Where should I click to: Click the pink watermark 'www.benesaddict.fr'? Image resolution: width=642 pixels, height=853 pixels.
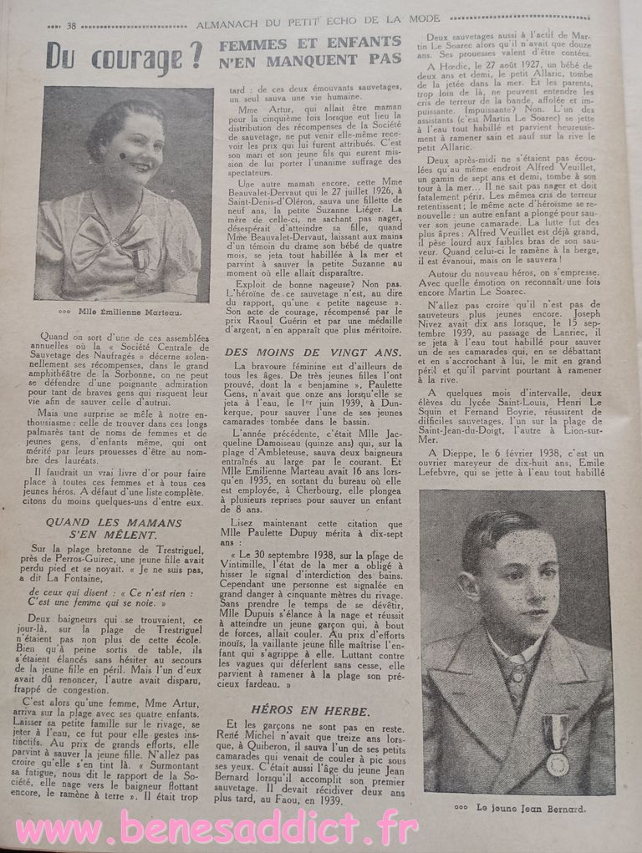pyautogui.click(x=217, y=830)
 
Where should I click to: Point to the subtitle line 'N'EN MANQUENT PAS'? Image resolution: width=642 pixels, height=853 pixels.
pyautogui.click(x=309, y=61)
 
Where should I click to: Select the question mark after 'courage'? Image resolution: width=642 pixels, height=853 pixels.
pyautogui.click(x=195, y=57)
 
